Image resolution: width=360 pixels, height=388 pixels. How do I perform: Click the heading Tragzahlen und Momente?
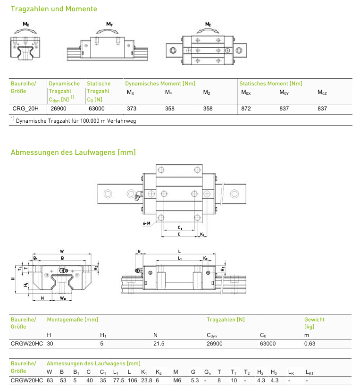pyautogui.click(x=54, y=9)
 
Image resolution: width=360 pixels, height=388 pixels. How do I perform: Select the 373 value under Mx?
pyautogui.click(x=132, y=109)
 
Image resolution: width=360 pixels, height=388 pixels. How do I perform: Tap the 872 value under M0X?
pyautogui.click(x=246, y=109)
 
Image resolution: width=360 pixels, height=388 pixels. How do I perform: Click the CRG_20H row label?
pyautogui.click(x=25, y=109)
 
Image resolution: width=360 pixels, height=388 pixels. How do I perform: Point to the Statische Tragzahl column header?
pyautogui.click(x=99, y=92)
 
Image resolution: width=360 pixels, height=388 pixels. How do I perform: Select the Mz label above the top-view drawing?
pyautogui.click(x=208, y=24)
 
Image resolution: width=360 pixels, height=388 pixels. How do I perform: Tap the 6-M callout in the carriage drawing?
pyautogui.click(x=146, y=223)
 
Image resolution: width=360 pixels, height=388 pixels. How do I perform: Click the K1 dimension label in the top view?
pyautogui.click(x=202, y=234)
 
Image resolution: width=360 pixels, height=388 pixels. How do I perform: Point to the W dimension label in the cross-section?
pyautogui.click(x=62, y=251)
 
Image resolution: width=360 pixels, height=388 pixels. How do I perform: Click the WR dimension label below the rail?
pyautogui.click(x=63, y=298)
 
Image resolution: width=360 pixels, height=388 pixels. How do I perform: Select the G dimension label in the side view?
pyautogui.click(x=139, y=252)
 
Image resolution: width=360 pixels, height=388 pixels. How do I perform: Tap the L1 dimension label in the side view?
pyautogui.click(x=180, y=258)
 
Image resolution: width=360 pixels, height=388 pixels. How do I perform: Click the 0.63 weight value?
pyautogui.click(x=310, y=344)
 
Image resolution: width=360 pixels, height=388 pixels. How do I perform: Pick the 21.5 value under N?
pyautogui.click(x=159, y=344)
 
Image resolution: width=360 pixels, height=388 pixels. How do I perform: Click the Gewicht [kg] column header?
pyautogui.click(x=314, y=323)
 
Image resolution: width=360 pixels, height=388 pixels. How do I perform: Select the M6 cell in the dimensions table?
pyautogui.click(x=177, y=380)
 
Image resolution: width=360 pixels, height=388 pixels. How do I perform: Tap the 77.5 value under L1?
pyautogui.click(x=119, y=380)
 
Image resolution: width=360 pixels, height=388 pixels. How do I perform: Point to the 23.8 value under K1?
pyautogui.click(x=146, y=380)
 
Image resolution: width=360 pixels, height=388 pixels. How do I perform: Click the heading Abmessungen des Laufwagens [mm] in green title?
pyautogui.click(x=73, y=152)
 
